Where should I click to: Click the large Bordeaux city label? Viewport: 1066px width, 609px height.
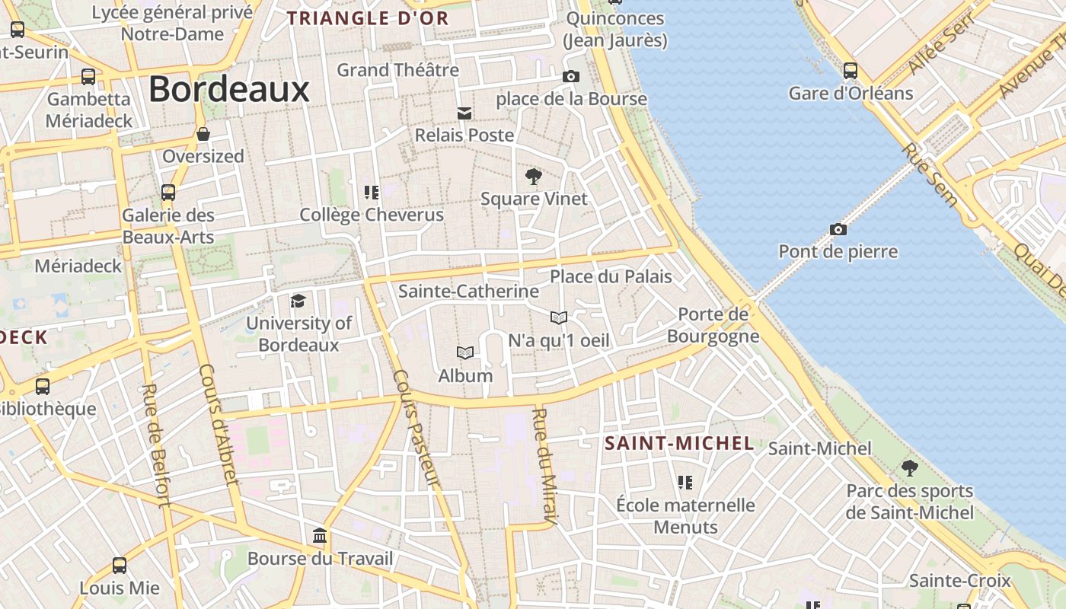[x=228, y=89]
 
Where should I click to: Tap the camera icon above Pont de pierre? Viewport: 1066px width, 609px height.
[x=838, y=229]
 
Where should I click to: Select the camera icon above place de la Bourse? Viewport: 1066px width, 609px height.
[x=570, y=76]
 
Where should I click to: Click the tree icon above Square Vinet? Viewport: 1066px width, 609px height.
[x=534, y=177]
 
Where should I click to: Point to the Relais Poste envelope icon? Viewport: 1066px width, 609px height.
[x=464, y=113]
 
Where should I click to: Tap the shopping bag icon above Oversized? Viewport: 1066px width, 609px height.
[x=203, y=134]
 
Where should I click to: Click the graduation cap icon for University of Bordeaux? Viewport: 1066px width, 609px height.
[x=298, y=301]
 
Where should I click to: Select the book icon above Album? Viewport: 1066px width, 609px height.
[x=465, y=352]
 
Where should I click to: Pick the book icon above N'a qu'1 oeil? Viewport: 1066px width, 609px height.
[x=559, y=317]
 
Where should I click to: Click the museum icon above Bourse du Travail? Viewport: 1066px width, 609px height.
[x=320, y=536]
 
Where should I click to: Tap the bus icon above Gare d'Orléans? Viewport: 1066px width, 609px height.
[x=851, y=71]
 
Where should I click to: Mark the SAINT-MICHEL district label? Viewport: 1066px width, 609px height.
[x=679, y=443]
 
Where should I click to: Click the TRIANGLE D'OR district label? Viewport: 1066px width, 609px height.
[x=368, y=18]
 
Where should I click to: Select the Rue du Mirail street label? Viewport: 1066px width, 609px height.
[x=545, y=467]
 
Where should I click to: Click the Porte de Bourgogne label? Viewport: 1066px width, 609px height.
[x=713, y=325]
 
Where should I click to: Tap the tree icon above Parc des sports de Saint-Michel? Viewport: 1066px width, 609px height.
[x=909, y=467]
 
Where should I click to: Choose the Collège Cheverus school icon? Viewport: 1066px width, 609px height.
[x=372, y=192]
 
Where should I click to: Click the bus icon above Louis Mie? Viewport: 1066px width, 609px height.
[x=120, y=566]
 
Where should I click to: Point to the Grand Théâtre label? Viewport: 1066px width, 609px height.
[x=398, y=70]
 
